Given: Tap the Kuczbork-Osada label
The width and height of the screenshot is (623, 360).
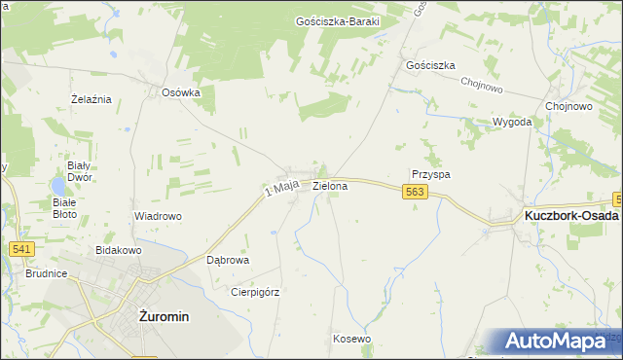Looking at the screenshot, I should click(x=571, y=215).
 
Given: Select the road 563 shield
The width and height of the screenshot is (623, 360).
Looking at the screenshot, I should click(x=415, y=194).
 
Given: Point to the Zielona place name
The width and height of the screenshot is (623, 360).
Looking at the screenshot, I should click(x=330, y=185).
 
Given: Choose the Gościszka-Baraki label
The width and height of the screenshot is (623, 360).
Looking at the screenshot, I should click(x=337, y=20).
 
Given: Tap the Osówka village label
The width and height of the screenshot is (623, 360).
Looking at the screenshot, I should click(x=181, y=93).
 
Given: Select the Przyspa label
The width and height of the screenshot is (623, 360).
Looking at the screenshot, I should click(x=430, y=174).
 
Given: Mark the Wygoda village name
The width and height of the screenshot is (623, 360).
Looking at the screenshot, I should click(x=512, y=123).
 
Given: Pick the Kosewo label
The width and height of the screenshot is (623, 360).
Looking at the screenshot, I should click(x=351, y=339).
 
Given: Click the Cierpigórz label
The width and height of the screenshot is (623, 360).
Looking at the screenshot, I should click(x=255, y=291).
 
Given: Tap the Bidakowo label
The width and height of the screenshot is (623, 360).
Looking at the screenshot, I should click(x=119, y=250).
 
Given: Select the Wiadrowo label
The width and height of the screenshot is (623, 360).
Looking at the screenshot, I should click(x=159, y=216).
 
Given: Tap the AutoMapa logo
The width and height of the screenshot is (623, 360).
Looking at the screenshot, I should click(x=559, y=341).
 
